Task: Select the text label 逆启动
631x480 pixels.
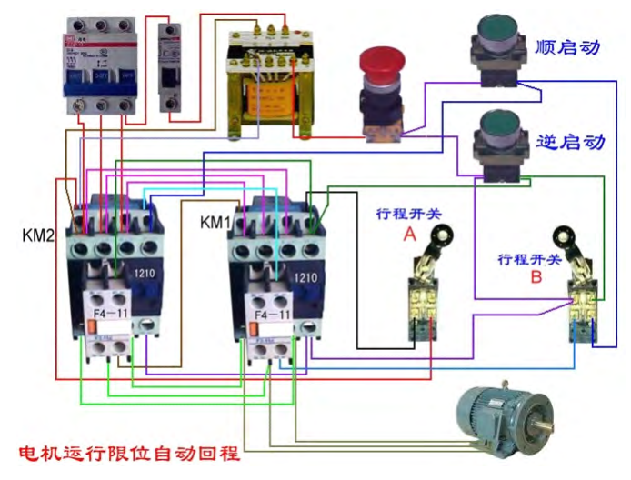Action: tap(570, 142)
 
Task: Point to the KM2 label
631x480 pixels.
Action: tap(39, 235)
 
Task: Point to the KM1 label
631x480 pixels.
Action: tap(216, 222)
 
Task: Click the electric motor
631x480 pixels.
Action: tap(503, 418)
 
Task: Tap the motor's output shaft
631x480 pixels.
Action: tap(546, 424)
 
